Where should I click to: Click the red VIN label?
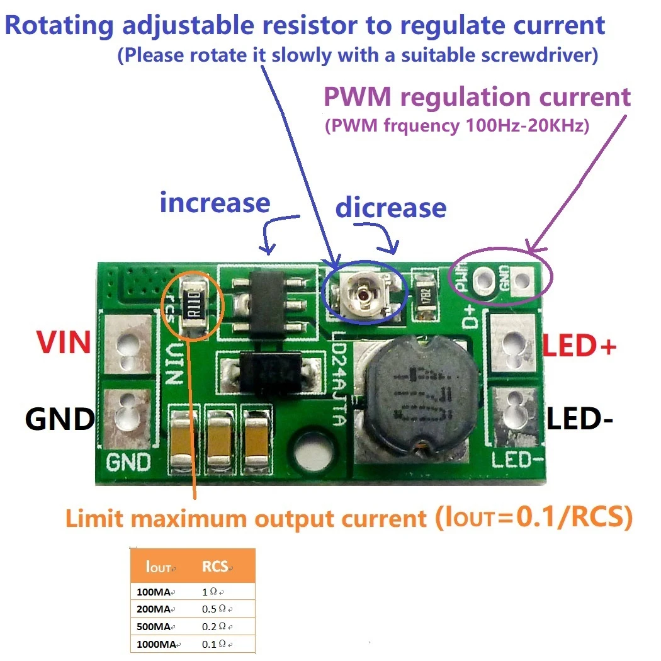63,343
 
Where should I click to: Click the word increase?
215,203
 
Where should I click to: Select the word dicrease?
390,207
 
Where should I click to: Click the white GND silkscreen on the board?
128,462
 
